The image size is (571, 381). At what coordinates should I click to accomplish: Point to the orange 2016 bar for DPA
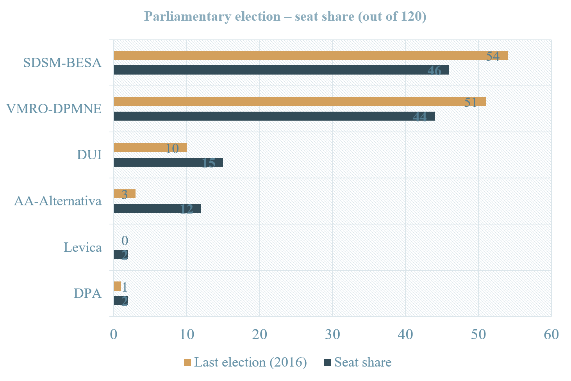tap(117, 286)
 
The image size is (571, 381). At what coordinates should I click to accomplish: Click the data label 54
tap(492, 56)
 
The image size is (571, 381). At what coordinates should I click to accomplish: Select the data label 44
tap(420, 117)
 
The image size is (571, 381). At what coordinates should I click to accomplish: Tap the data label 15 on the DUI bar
tap(208, 163)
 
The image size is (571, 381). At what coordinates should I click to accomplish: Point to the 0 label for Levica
tap(125, 240)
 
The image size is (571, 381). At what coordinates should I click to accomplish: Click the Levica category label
tap(83, 247)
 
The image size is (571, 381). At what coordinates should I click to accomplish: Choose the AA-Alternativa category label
tap(58, 201)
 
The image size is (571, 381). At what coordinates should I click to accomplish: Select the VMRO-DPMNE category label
tap(54, 109)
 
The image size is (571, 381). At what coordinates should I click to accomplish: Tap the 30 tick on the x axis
tap(332, 335)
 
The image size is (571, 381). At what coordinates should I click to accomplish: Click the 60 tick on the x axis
tap(551, 335)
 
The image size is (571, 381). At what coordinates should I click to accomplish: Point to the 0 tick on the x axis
tap(114, 335)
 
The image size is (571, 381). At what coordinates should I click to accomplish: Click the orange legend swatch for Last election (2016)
tap(187, 362)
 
